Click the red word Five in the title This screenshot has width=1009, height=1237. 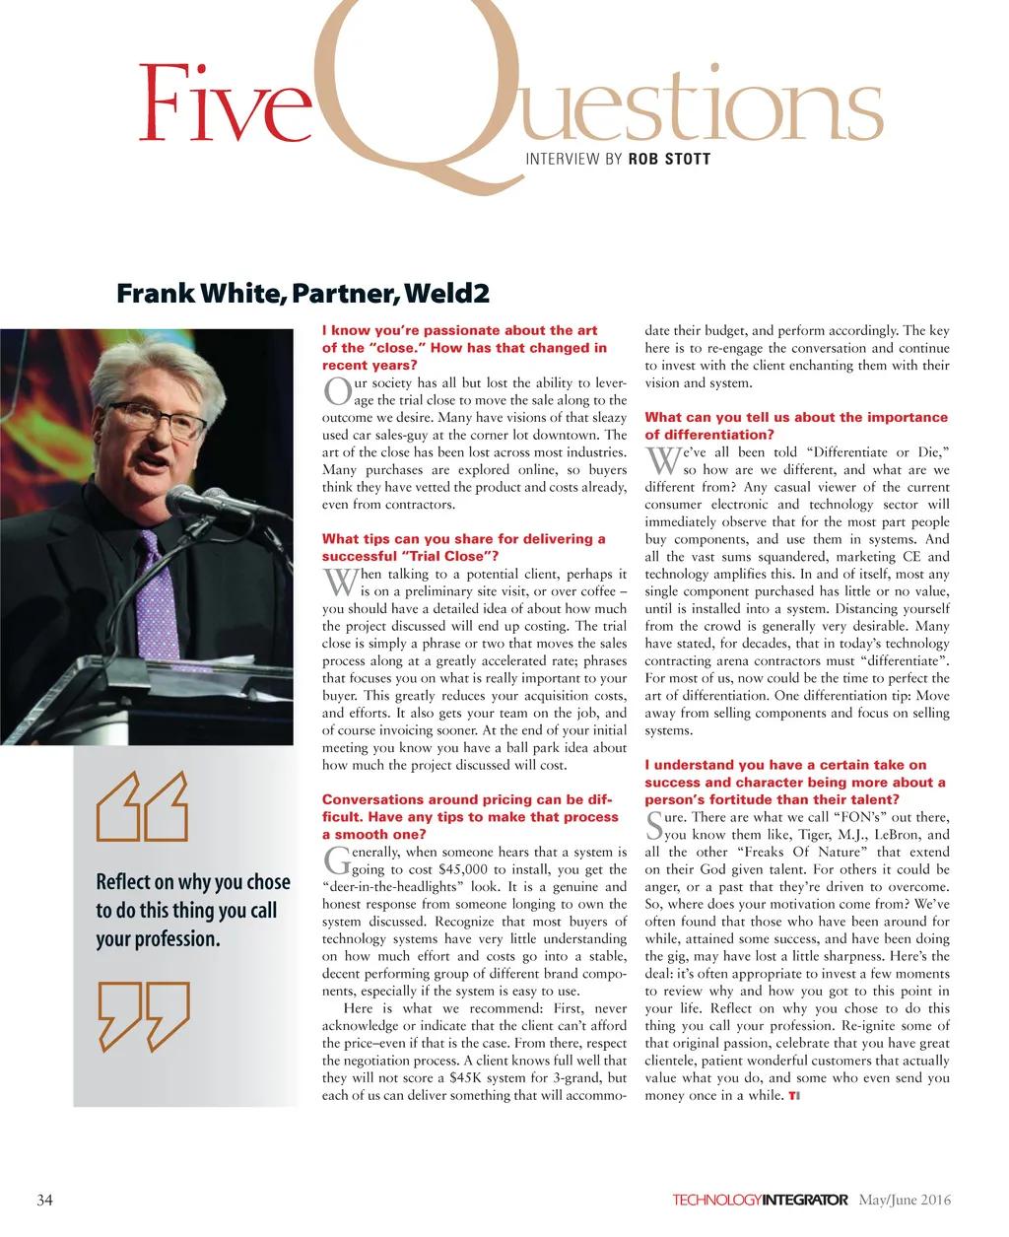[x=225, y=103]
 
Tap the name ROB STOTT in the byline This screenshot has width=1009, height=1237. [x=669, y=159]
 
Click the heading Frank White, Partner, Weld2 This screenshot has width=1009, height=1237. [x=303, y=294]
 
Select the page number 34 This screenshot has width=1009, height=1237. [x=44, y=1200]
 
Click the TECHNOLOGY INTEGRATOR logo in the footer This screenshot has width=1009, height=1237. [x=760, y=1200]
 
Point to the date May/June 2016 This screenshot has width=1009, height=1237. [x=905, y=1200]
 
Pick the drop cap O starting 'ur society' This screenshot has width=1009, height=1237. [x=336, y=391]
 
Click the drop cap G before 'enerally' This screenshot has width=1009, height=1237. [x=336, y=860]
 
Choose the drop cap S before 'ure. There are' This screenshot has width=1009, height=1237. [x=654, y=826]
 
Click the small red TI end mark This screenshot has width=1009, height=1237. [x=793, y=1096]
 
